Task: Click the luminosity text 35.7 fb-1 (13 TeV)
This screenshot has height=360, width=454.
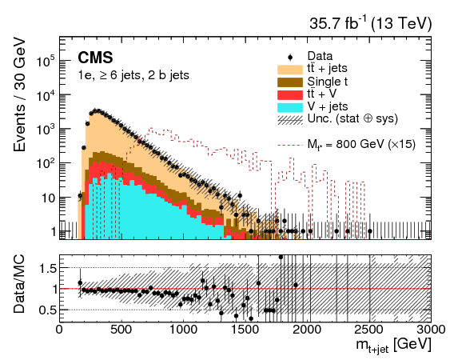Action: click(370, 24)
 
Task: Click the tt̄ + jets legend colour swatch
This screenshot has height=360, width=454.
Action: click(289, 70)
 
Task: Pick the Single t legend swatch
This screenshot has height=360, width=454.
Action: click(289, 82)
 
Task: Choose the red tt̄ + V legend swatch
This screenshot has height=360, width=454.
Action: click(289, 94)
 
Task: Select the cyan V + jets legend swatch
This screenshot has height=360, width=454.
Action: click(289, 106)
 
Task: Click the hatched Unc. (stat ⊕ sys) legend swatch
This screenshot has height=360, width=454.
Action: click(289, 118)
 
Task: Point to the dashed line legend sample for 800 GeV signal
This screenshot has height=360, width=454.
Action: click(289, 145)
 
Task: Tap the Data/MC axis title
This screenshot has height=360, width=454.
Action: click(22, 288)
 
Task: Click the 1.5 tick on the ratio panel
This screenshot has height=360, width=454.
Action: click(46, 267)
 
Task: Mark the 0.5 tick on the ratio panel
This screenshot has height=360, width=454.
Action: click(46, 310)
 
